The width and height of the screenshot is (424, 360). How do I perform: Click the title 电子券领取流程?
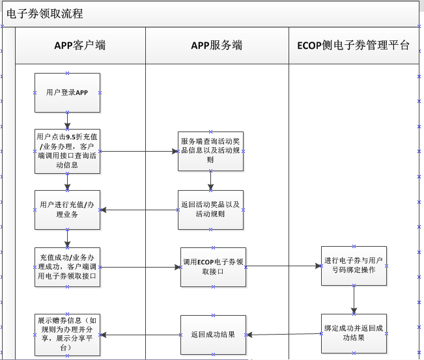45,14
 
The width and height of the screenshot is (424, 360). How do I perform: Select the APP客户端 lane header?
79,46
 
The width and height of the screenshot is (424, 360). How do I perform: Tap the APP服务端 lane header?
216,46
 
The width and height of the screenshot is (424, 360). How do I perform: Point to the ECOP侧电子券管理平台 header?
353,46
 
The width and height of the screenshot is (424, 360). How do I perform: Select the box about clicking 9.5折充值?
67,151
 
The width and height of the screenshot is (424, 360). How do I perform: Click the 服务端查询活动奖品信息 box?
210,151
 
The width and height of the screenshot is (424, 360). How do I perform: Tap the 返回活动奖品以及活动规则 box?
210,209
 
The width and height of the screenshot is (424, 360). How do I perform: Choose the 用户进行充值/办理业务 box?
67,209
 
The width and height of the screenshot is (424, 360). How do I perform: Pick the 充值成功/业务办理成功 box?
67,266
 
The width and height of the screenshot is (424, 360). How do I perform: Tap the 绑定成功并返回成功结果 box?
354,333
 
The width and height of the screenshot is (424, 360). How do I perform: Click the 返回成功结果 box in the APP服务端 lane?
213,335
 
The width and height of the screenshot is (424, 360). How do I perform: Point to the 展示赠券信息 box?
67,334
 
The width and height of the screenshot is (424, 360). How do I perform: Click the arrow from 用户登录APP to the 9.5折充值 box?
67,120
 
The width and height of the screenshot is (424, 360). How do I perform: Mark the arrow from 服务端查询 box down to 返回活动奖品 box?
210,180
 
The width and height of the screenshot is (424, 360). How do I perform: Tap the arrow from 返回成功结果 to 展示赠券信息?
140,335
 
